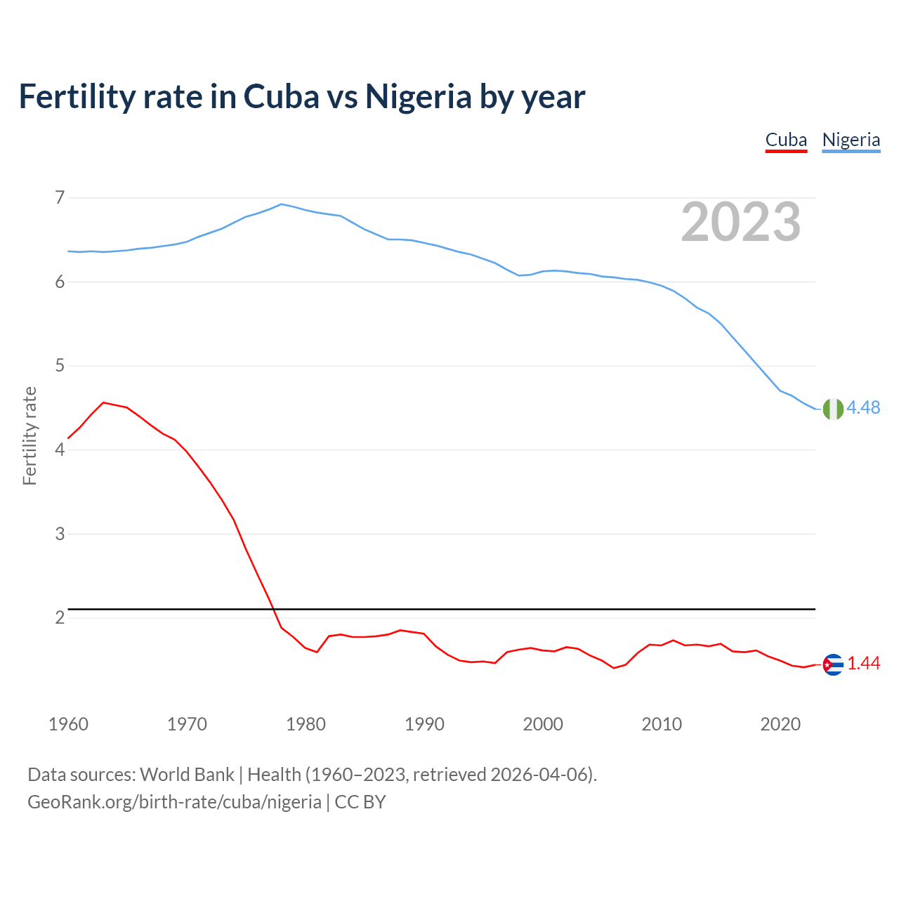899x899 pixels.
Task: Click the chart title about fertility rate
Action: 301,96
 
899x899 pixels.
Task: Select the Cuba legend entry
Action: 786,140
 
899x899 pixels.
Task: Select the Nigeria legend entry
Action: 851,140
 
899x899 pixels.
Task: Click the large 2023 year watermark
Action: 740,222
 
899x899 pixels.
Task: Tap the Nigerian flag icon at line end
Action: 832,409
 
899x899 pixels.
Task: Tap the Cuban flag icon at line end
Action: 832,664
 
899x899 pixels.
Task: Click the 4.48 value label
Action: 863,408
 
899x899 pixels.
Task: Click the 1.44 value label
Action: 863,664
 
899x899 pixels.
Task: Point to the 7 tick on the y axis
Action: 60,197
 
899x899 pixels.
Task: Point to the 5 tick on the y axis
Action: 60,366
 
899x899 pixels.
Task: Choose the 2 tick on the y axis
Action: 60,618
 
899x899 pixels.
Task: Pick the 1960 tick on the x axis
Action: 68,724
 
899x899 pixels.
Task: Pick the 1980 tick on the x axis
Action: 306,724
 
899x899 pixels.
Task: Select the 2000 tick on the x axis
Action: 543,724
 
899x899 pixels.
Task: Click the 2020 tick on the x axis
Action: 780,724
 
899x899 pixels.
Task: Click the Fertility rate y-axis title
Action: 29,435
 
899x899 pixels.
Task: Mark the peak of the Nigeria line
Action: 282,204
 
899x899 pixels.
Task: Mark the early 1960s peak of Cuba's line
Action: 104,402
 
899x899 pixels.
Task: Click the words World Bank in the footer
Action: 187,775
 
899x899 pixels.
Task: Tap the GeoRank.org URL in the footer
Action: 174,802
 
